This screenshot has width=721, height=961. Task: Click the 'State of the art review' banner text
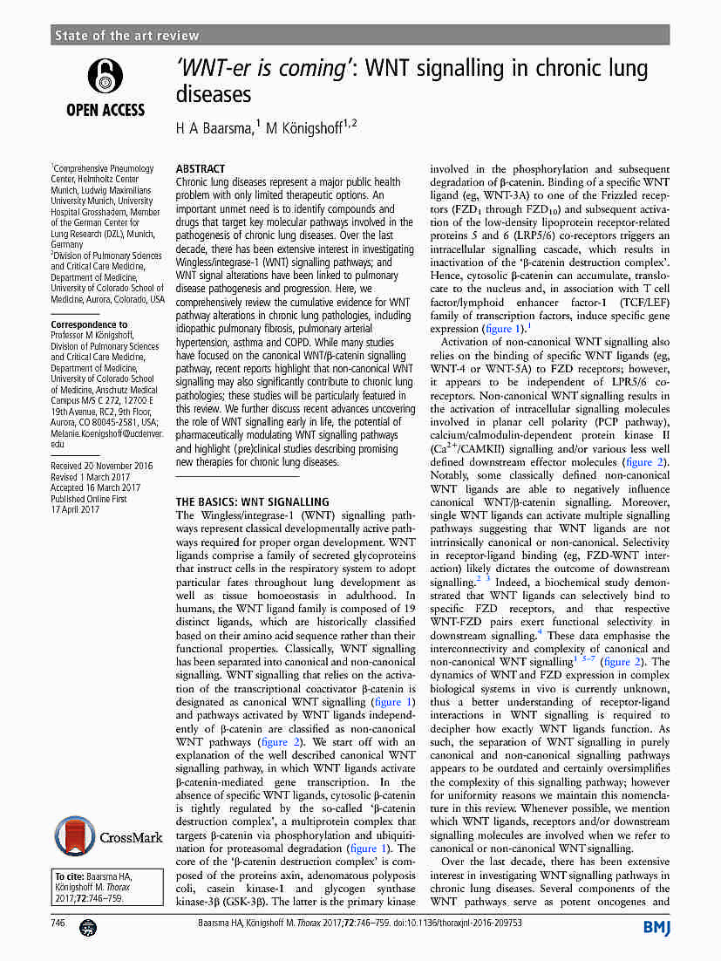pos(126,36)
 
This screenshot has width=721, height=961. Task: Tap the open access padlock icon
pos(105,78)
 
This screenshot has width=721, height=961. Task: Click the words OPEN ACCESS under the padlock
pos(105,110)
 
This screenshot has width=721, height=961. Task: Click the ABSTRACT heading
pos(201,168)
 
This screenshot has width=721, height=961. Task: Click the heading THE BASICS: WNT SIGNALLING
pos(253,502)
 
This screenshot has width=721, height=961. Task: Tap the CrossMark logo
pos(108,837)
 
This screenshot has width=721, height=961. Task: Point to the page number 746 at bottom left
pos(59,922)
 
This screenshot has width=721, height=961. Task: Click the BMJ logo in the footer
pos(656,927)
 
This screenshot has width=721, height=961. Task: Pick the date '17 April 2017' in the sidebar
pos(76,510)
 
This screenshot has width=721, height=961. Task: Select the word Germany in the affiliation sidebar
pos(68,245)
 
